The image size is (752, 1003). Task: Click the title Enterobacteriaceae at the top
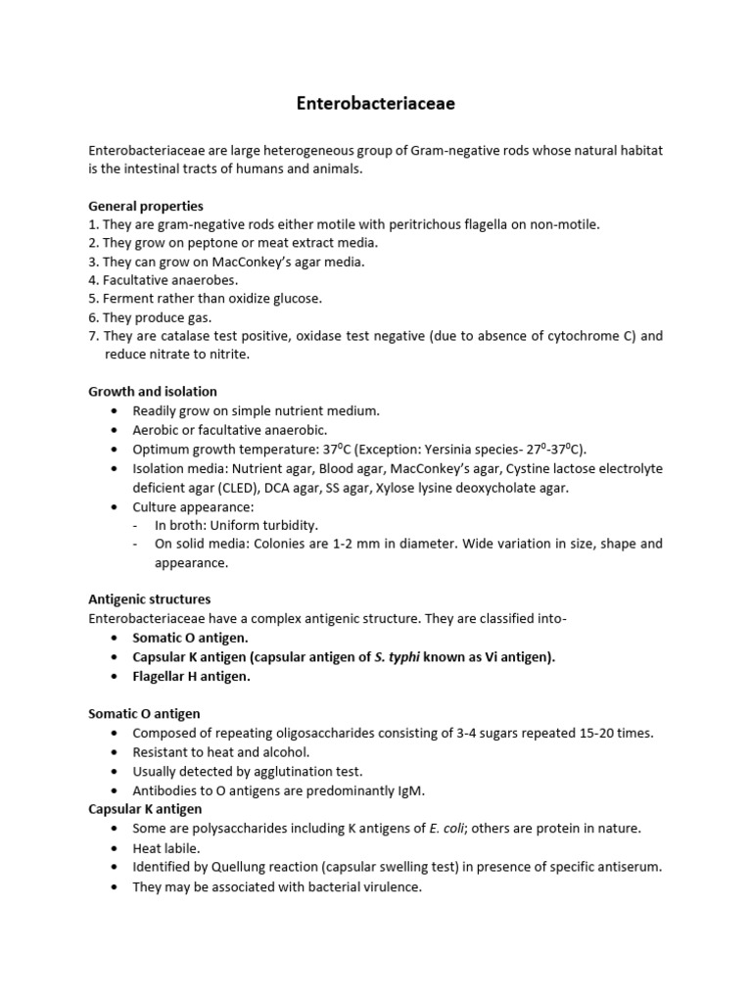tap(376, 102)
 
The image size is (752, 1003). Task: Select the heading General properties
tap(146, 206)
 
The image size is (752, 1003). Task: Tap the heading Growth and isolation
tap(152, 392)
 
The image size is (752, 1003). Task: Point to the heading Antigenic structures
tap(149, 598)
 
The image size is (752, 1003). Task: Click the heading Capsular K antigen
tap(145, 809)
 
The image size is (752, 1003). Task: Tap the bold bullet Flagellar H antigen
tap(191, 676)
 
